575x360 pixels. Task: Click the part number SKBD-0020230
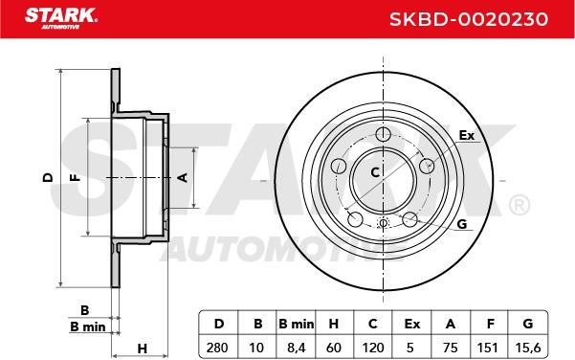pos(468,19)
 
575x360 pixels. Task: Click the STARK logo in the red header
pos(61,18)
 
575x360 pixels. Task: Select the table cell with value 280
pos(218,347)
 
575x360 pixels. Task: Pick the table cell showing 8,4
pos(296,347)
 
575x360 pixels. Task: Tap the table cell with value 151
pos(488,347)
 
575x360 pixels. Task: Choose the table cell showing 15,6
pos(528,347)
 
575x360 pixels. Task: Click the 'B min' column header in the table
pos(296,324)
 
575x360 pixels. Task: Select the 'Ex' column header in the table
pos(411,324)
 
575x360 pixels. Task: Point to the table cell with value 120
pos(372,347)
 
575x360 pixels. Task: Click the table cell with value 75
pos(451,347)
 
